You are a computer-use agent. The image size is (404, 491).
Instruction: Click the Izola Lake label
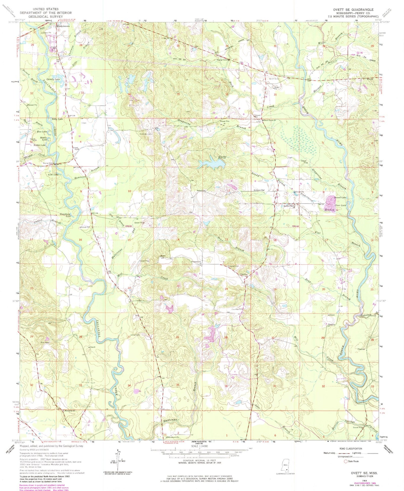(x=53, y=175)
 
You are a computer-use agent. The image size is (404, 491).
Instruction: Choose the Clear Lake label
(x=340, y=205)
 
